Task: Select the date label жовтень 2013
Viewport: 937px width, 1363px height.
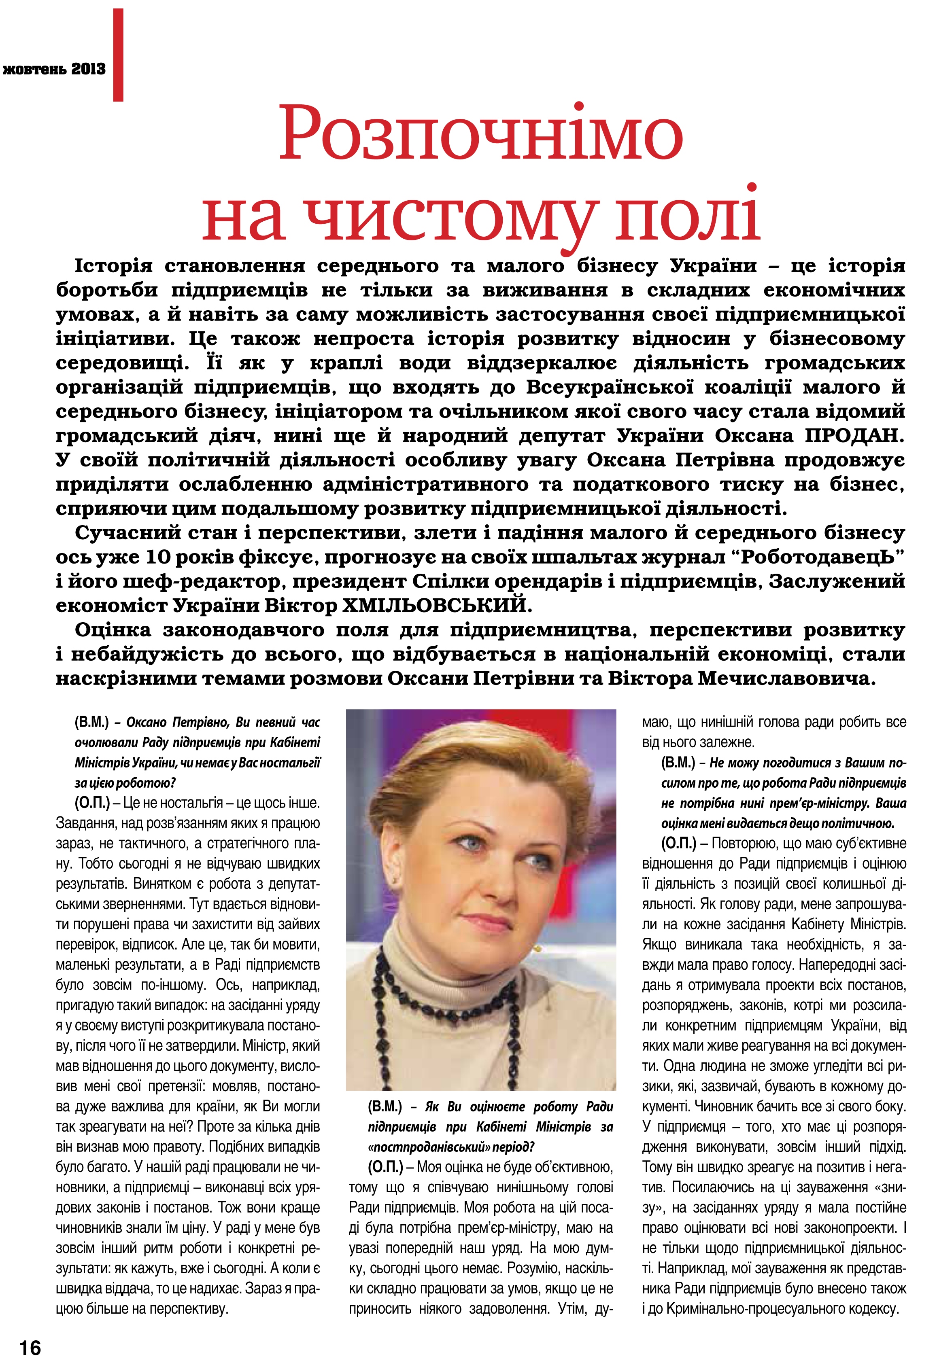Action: coord(54,69)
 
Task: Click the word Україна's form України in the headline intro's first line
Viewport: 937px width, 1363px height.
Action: coord(713,266)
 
